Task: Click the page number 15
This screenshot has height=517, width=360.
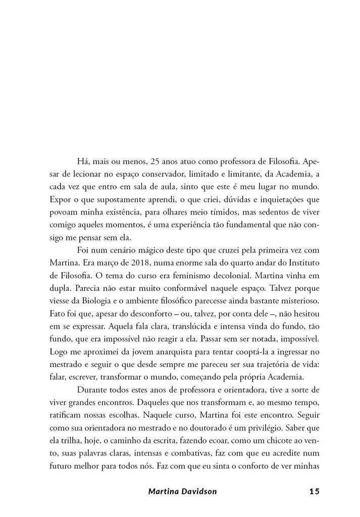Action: [x=314, y=491]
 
